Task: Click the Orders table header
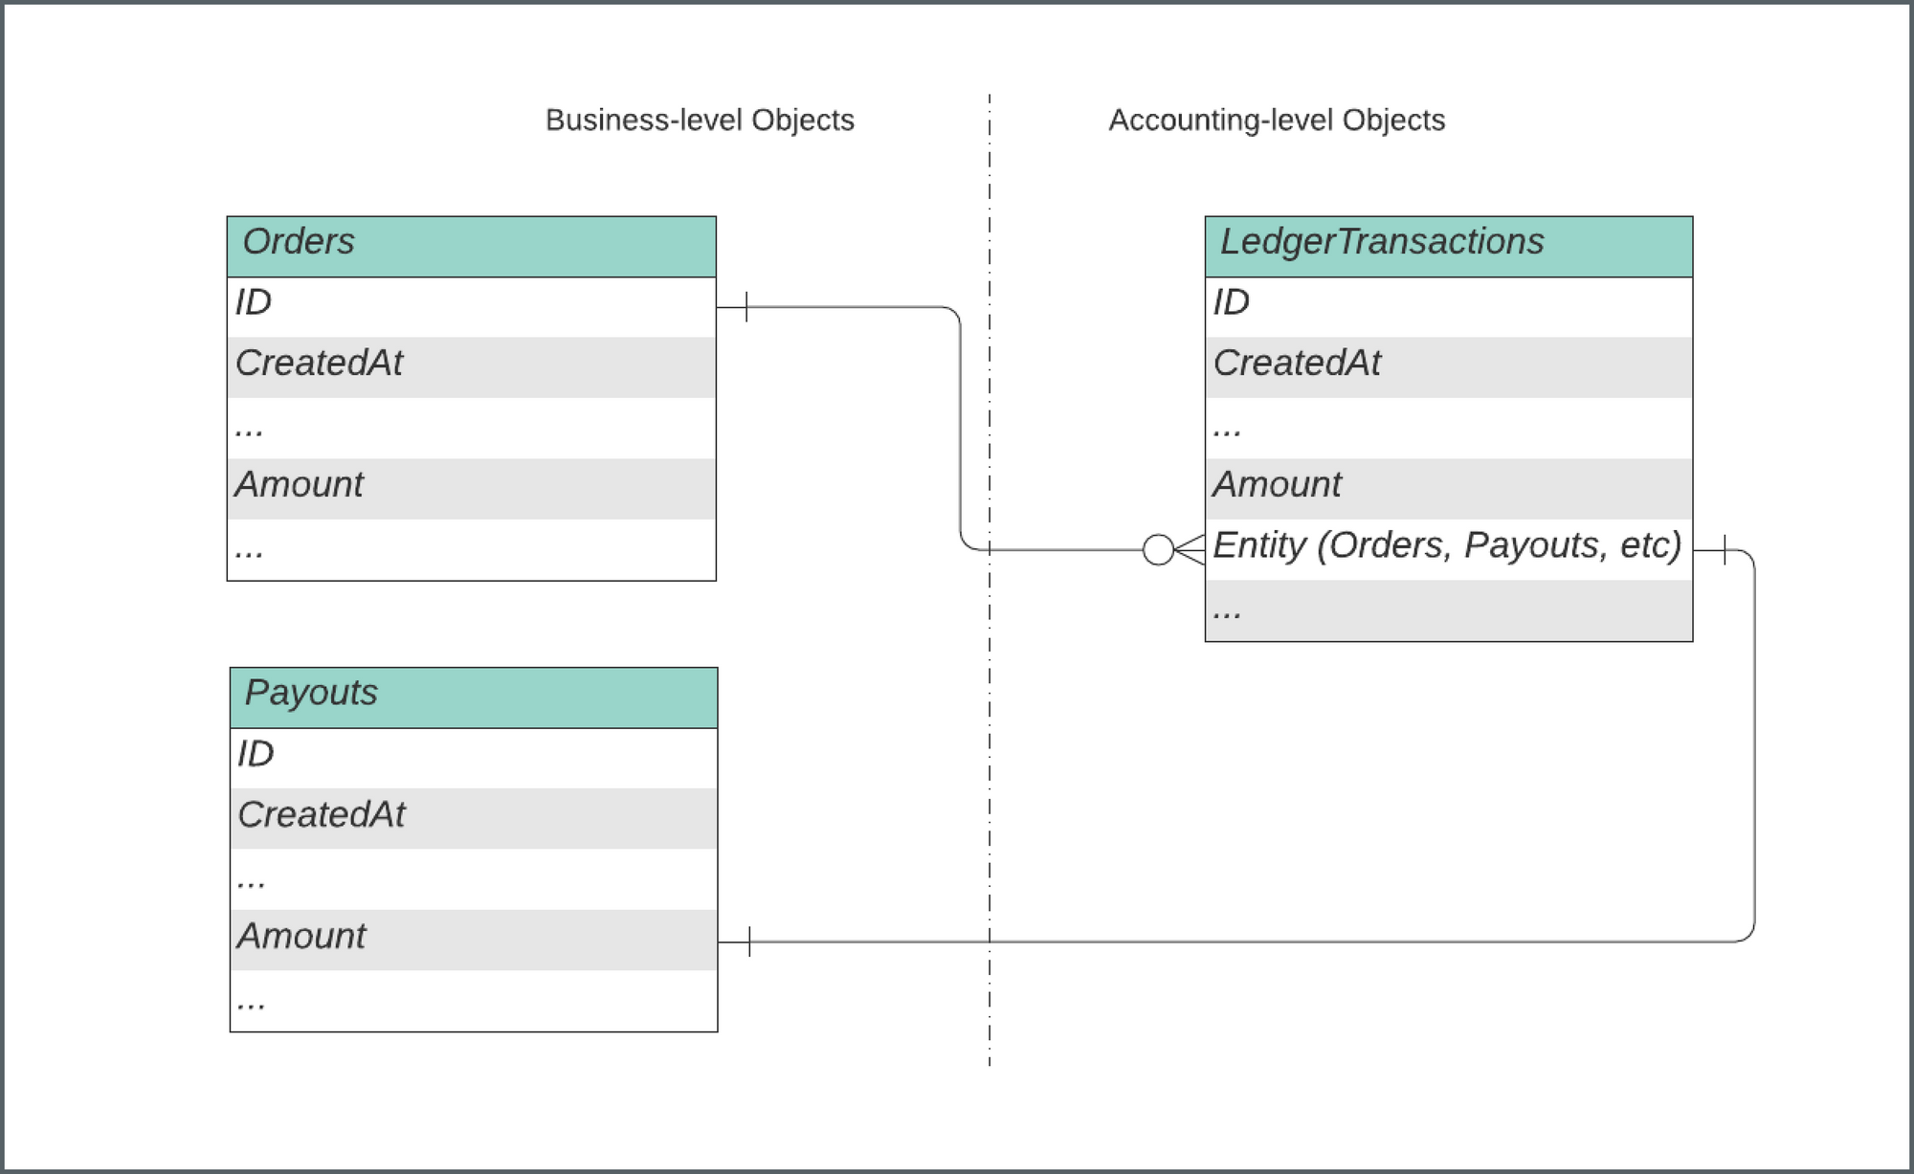click(x=471, y=246)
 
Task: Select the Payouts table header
click(x=474, y=698)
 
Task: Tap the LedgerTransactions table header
click(x=1448, y=246)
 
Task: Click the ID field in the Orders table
click(x=471, y=306)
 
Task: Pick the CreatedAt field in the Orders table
click(x=471, y=366)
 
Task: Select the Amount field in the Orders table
click(x=471, y=488)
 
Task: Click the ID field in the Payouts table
click(x=474, y=758)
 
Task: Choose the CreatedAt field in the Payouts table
click(x=474, y=818)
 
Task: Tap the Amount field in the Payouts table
click(x=474, y=940)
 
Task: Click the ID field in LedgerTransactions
click(x=1448, y=306)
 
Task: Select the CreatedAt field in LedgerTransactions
click(x=1448, y=366)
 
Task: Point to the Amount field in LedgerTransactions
click(x=1448, y=488)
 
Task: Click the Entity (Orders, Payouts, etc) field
click(x=1448, y=548)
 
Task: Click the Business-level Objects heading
click(x=700, y=121)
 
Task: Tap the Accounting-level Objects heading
click(x=1277, y=121)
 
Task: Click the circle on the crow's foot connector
click(x=1158, y=549)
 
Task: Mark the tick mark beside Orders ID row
click(x=746, y=307)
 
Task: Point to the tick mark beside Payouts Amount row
click(x=749, y=941)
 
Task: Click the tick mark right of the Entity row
click(x=1725, y=549)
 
